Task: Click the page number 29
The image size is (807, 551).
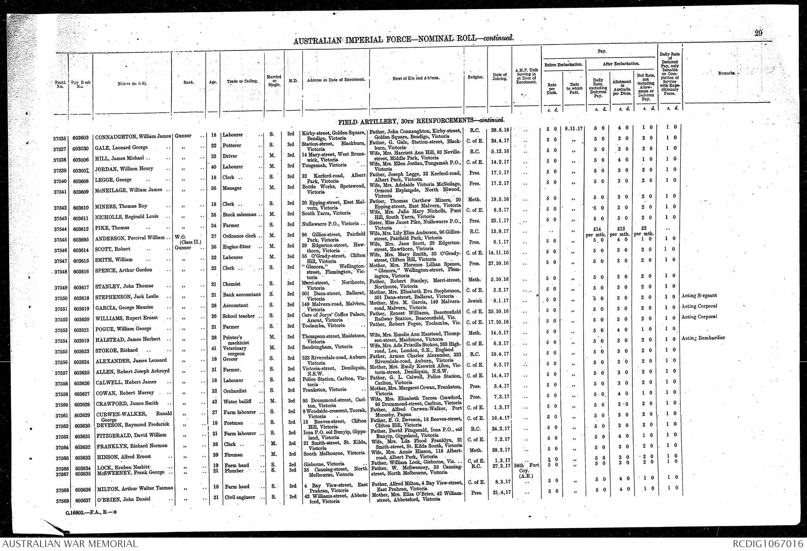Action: (x=758, y=34)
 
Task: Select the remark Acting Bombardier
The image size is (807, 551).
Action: (x=703, y=338)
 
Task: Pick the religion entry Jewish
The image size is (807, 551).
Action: (x=474, y=301)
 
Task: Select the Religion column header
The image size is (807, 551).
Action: (x=475, y=78)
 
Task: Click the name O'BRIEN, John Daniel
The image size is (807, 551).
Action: (x=125, y=499)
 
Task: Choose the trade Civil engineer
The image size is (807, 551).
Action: (x=238, y=497)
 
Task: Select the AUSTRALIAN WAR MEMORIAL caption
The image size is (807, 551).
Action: (x=69, y=544)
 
